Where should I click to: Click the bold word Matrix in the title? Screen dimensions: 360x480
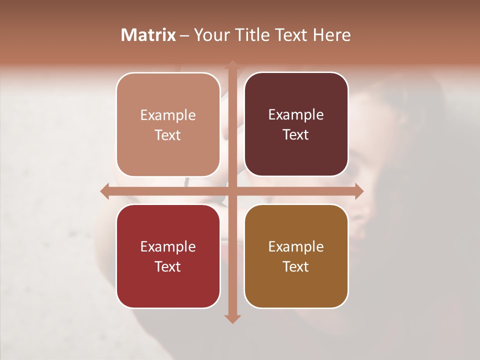tap(148, 35)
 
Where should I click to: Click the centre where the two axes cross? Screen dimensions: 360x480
tap(232, 191)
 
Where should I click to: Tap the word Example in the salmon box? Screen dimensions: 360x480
tap(168, 115)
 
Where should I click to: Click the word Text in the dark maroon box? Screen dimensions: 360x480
tap(296, 135)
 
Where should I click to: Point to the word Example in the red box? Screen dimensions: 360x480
tap(168, 246)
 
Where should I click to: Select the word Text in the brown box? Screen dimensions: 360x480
tap(296, 266)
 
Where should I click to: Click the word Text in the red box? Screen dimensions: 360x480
tap(168, 266)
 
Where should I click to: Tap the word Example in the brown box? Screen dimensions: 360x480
tap(296, 246)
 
